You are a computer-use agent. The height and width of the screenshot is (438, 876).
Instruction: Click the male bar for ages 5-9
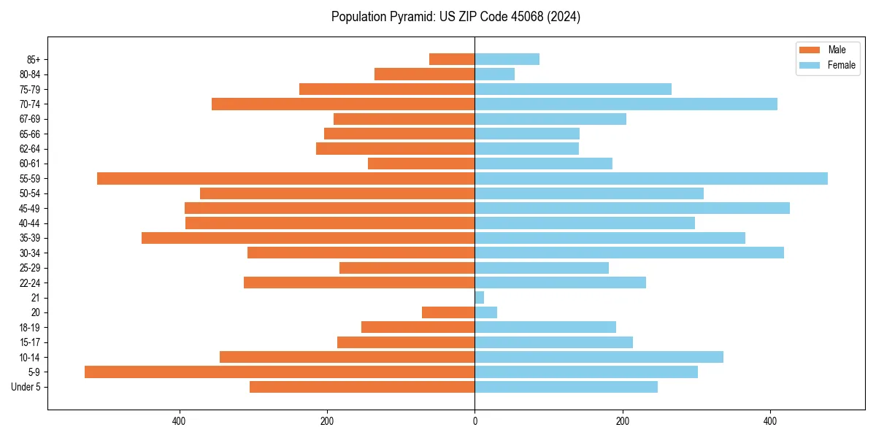click(280, 372)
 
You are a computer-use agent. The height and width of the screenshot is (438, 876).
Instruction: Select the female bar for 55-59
click(651, 178)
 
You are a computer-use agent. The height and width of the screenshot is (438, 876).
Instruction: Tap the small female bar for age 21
click(480, 297)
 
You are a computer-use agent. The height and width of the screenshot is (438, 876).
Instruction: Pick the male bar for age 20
click(448, 312)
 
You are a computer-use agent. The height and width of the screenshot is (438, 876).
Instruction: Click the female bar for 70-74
click(626, 104)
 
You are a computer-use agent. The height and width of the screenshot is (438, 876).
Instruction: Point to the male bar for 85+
click(452, 59)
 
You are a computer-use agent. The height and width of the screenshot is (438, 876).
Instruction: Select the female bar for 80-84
click(495, 74)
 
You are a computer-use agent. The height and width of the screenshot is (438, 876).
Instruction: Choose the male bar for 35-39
click(308, 238)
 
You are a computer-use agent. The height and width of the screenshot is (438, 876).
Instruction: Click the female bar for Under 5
click(566, 387)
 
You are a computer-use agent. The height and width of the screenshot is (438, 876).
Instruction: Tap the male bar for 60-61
click(421, 164)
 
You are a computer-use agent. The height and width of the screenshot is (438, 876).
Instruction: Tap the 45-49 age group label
click(30, 208)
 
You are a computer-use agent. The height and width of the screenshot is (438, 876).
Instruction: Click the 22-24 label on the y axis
click(30, 283)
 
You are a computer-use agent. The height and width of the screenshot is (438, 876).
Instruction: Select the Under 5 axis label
click(26, 387)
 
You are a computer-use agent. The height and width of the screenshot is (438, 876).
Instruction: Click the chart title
click(456, 17)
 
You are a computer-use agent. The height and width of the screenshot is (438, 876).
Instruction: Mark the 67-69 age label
click(30, 119)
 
